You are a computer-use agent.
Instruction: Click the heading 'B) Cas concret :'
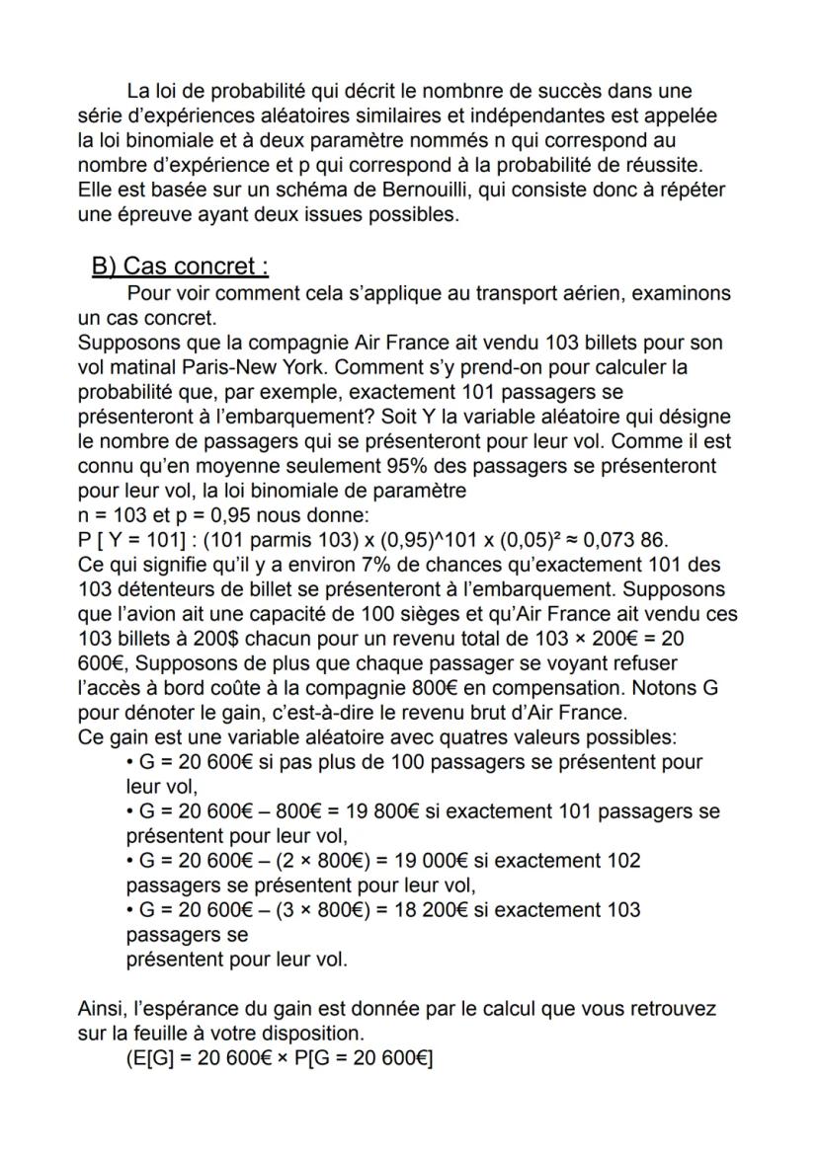[x=180, y=267]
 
